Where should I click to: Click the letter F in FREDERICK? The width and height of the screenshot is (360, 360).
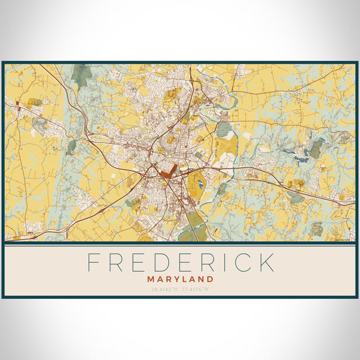[94, 263]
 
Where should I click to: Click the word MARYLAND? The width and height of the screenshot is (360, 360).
[180, 279]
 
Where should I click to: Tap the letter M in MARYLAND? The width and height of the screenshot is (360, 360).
[150, 279]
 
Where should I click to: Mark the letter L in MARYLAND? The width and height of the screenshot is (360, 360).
[184, 279]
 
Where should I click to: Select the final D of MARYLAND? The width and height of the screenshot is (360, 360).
[211, 279]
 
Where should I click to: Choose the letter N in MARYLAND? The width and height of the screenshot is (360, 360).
[202, 279]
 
